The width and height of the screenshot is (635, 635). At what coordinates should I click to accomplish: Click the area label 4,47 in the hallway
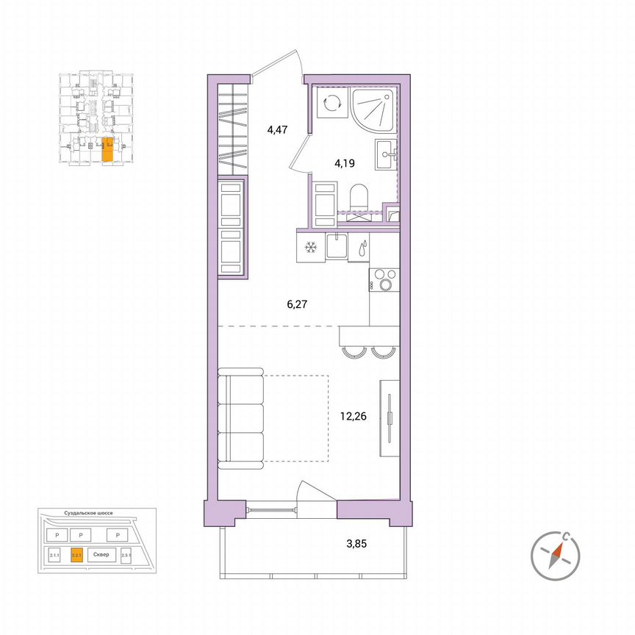coord(278,131)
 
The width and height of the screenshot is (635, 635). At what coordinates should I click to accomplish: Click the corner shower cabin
coord(375,109)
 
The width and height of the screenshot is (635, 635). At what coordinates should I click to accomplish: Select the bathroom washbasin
coord(386,154)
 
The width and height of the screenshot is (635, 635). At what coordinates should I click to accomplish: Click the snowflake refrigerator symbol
coord(310,248)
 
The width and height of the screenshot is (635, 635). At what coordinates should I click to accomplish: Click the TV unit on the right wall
coord(390,419)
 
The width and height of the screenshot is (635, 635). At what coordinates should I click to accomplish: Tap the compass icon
coord(556,553)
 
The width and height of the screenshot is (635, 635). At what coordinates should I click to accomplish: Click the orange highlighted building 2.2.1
coord(76,556)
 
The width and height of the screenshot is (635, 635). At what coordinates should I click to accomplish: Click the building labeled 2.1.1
coord(54,556)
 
